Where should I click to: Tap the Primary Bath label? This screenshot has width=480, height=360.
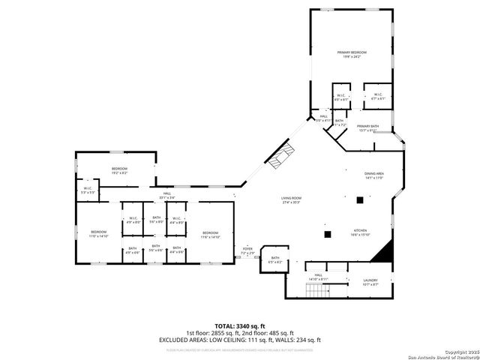coord(367,127)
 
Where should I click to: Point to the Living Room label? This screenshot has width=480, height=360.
coord(290,200)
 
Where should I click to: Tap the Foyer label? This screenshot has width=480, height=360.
coord(247,250)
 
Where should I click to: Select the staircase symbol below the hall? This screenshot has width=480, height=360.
coord(319,289)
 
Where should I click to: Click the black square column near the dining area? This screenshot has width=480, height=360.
coord(360,200)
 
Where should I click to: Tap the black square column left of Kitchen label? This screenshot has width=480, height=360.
coord(327,234)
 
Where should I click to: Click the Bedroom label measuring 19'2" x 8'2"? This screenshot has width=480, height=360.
coord(120,170)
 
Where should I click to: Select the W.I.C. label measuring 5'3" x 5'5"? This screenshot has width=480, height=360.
coord(88,190)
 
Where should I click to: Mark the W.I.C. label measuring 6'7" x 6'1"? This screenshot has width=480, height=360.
coord(379,96)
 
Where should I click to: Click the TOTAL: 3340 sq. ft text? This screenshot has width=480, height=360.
coord(239,326)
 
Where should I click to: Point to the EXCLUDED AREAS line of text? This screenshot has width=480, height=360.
coord(239,340)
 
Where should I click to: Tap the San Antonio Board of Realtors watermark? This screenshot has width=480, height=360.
coord(442,355)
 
